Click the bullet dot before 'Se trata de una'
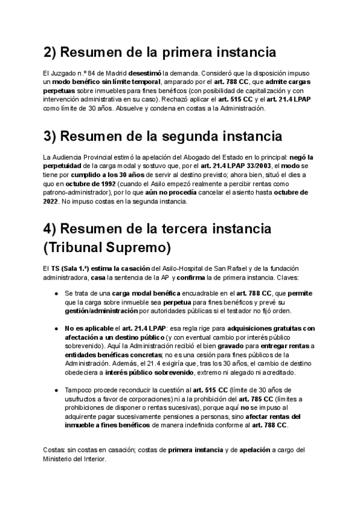[56, 293]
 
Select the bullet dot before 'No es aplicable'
[56, 328]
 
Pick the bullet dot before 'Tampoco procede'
[56, 391]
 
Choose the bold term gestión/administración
[100, 311]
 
